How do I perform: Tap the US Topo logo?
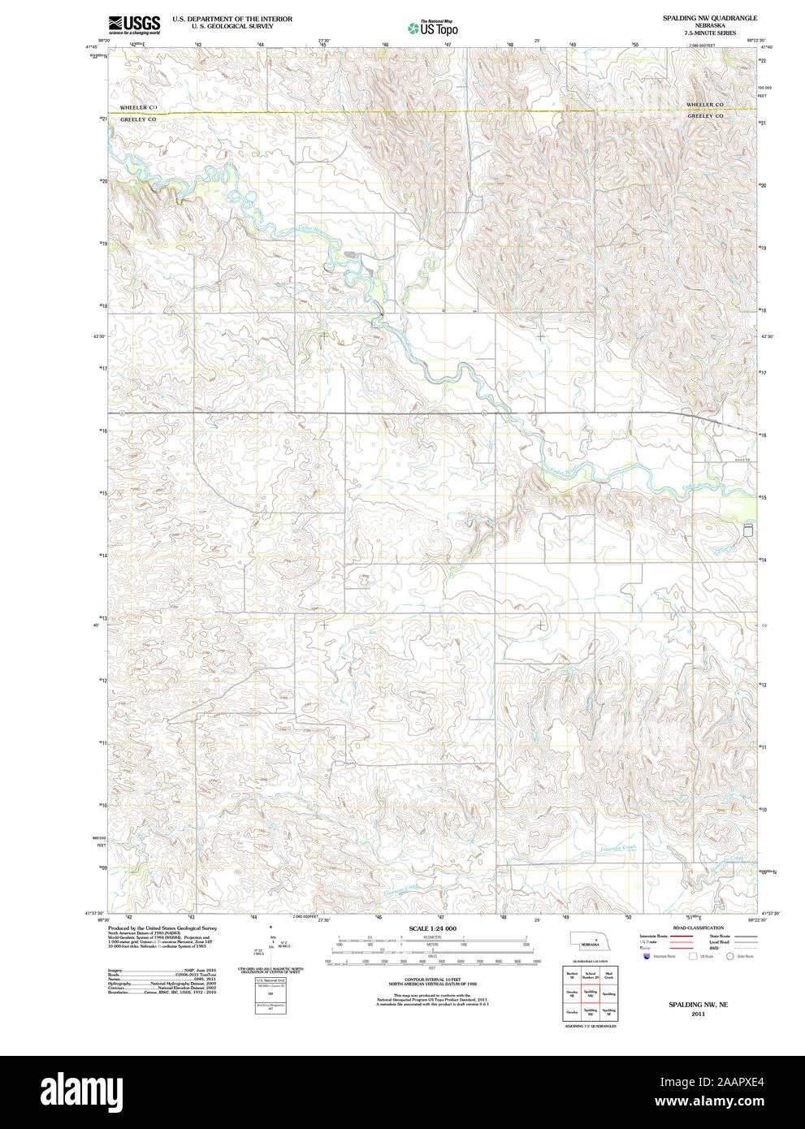tap(433, 28)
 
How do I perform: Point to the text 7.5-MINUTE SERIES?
tap(709, 33)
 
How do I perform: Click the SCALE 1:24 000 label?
tap(432, 928)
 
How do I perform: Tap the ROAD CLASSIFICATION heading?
tap(698, 928)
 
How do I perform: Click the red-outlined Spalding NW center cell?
tap(591, 993)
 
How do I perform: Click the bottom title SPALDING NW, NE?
tap(698, 1005)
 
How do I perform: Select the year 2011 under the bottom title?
tap(698, 1014)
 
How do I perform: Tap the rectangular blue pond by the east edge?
tap(748, 530)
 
